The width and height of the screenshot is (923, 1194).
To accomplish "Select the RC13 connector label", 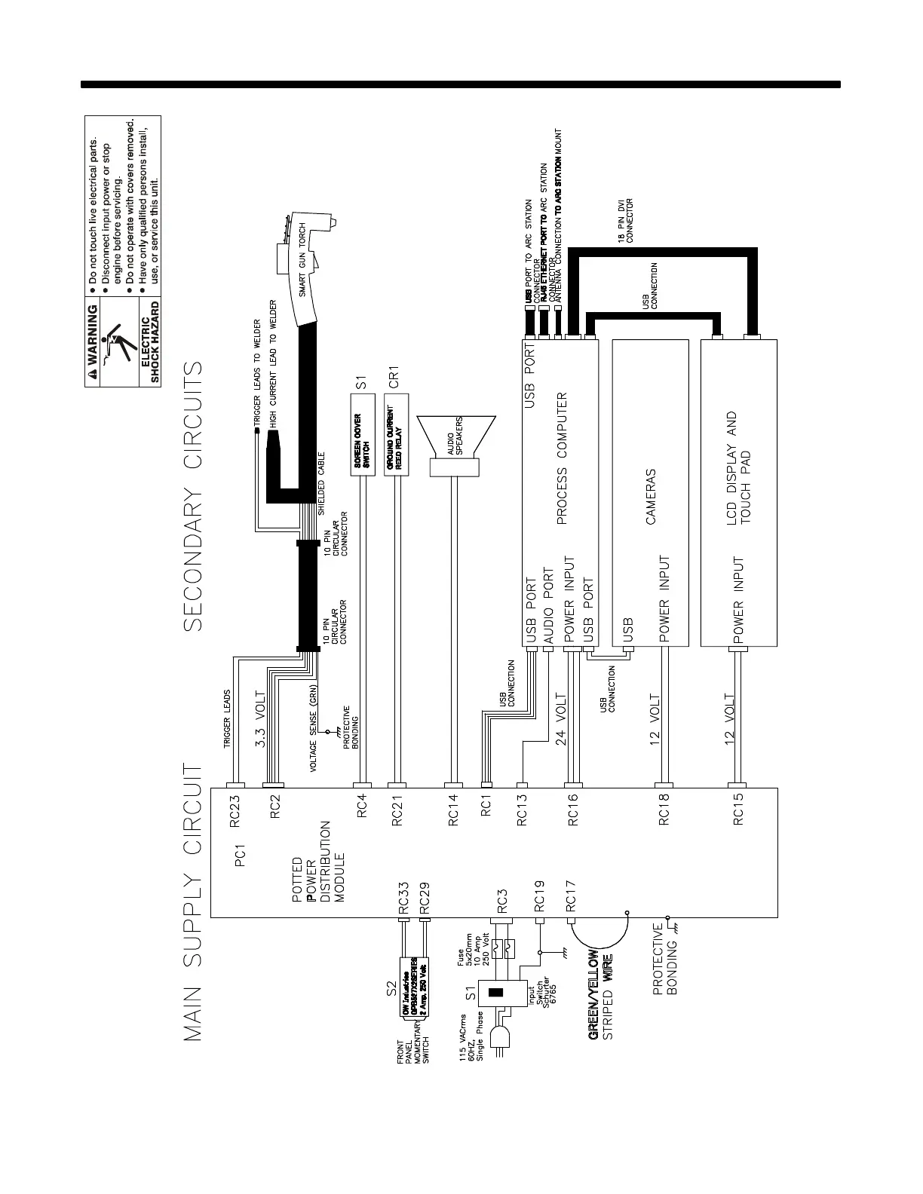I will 522,811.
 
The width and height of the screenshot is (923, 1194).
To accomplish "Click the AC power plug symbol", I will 502,1036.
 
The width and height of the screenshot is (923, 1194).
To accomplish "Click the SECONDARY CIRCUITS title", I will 192,497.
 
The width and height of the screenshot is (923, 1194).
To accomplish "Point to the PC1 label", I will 241,856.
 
